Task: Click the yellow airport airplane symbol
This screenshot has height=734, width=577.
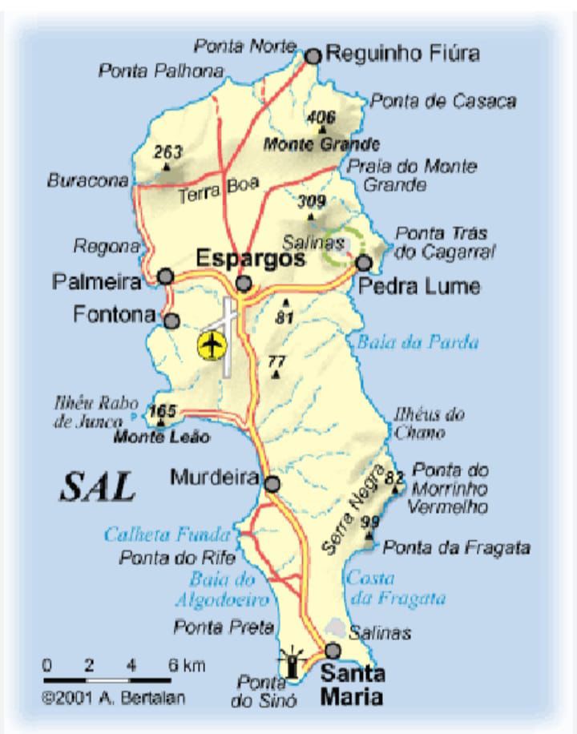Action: tap(212, 346)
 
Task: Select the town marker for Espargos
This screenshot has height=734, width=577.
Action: tap(244, 283)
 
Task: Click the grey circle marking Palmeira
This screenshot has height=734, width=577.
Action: tap(166, 276)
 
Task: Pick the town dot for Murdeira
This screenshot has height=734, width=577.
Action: tap(272, 484)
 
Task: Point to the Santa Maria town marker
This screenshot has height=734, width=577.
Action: tap(333, 650)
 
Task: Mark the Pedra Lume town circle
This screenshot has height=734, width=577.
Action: tap(365, 263)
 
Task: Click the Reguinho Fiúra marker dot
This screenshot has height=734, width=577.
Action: tap(313, 55)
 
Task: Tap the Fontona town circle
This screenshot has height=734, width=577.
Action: tap(171, 321)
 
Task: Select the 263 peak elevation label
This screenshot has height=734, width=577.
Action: tap(168, 151)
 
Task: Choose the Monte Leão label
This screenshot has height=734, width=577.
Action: tap(162, 438)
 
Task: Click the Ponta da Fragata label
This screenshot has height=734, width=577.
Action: tap(457, 548)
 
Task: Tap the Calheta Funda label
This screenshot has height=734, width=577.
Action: tap(167, 534)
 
